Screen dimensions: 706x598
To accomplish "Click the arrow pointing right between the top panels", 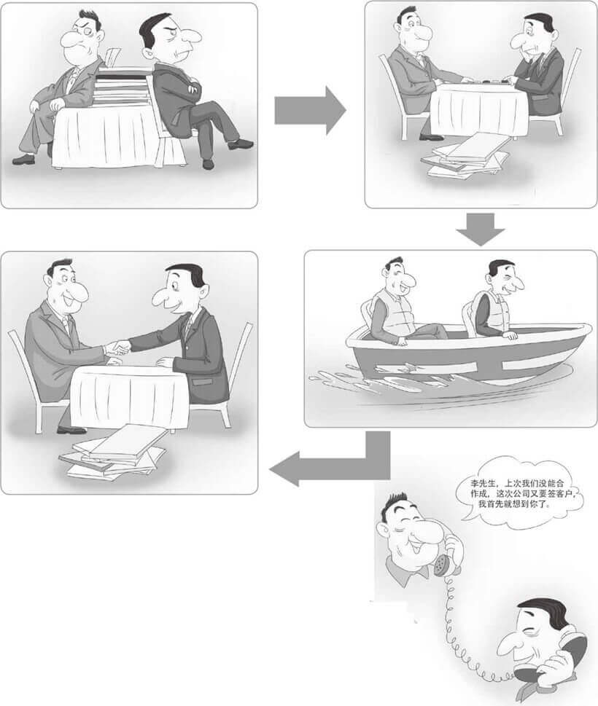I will pyautogui.click(x=308, y=109).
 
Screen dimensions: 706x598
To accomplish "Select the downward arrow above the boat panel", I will pyautogui.click(x=480, y=230).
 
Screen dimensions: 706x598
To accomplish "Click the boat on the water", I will pyautogui.click(x=467, y=357).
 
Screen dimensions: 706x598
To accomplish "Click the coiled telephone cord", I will pyautogui.click(x=456, y=627).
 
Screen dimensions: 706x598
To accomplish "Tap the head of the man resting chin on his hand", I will pyautogui.click(x=537, y=34).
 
